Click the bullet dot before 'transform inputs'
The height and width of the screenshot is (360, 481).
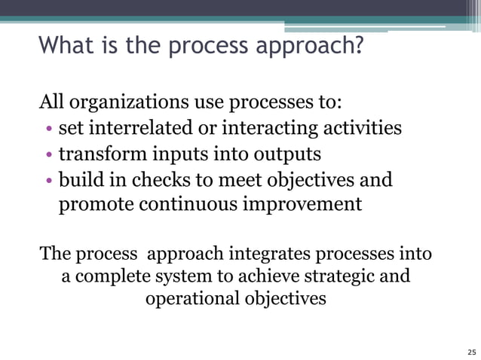[x=48, y=155]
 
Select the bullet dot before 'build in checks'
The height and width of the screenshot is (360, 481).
[x=48, y=181]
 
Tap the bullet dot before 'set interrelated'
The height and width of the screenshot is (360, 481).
[x=48, y=129]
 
